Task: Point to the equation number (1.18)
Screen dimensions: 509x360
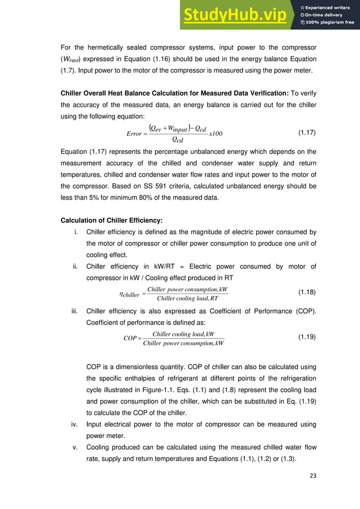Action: tap(306, 293)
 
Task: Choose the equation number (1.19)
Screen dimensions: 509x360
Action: tap(306, 337)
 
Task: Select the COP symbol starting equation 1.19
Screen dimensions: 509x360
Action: tap(130, 338)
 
